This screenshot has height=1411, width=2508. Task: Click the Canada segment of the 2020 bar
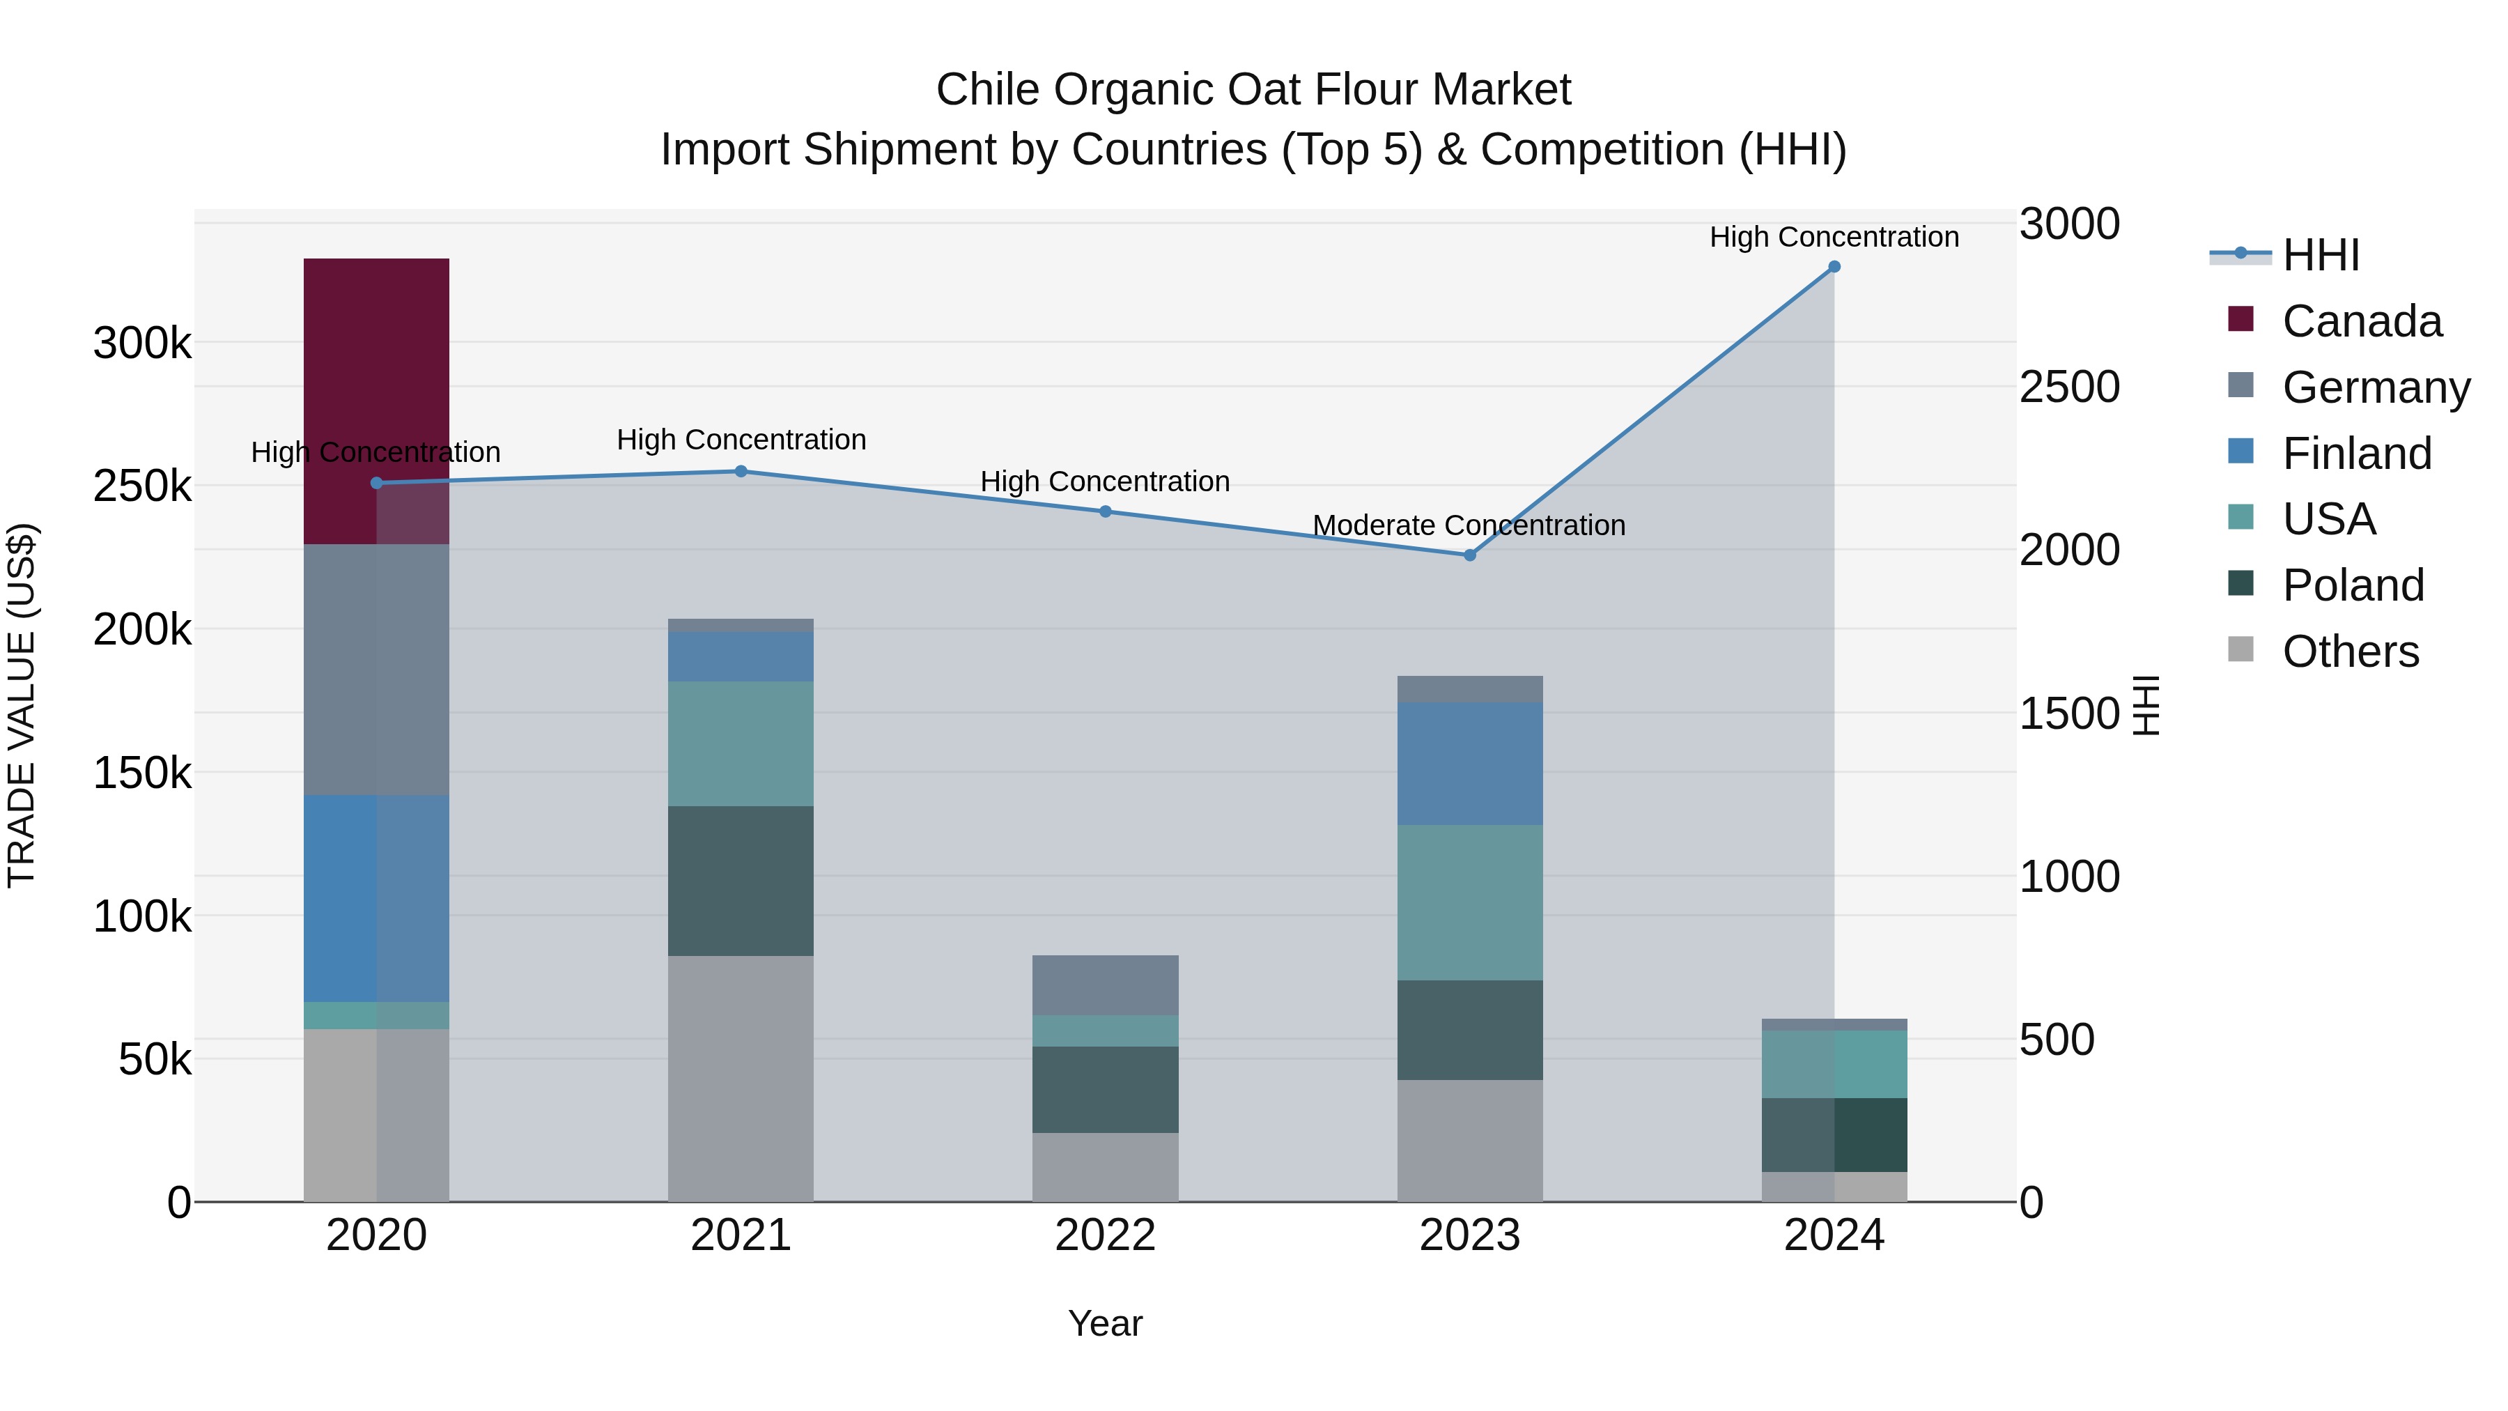click(x=376, y=400)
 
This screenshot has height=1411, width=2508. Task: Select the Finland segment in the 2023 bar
click(x=1469, y=764)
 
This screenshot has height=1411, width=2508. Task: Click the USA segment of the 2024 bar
click(x=1834, y=1063)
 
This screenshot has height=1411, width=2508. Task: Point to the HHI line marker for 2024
click(x=1834, y=267)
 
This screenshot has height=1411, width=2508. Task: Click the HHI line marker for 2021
click(x=740, y=471)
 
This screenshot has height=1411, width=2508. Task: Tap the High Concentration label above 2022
click(x=1104, y=482)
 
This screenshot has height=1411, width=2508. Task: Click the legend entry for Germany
click(x=2375, y=387)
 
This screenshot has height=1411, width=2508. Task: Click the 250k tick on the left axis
click(x=142, y=486)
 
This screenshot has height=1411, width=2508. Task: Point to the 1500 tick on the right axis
click(x=2069, y=714)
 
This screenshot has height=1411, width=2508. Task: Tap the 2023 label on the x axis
click(x=1469, y=1235)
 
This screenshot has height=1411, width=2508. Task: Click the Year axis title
click(x=1104, y=1323)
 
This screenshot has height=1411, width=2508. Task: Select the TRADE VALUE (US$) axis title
click(x=22, y=705)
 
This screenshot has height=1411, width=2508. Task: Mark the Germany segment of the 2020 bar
click(x=376, y=669)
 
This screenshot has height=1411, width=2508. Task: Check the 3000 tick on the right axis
click(x=2069, y=224)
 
